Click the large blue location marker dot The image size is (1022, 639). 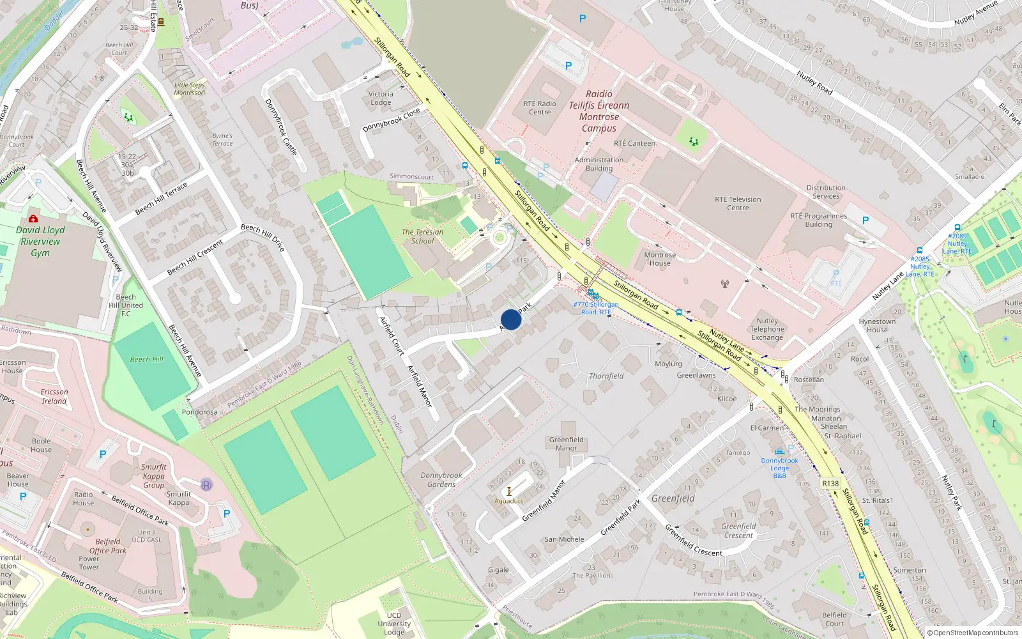click(511, 319)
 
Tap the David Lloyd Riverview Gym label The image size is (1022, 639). click(40, 241)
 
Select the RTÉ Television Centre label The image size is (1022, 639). click(738, 203)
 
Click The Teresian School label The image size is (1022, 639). click(422, 236)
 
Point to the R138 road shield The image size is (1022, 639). click(830, 484)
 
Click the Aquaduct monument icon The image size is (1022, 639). click(509, 491)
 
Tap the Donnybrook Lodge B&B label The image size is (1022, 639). click(779, 468)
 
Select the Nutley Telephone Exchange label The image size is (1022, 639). click(767, 329)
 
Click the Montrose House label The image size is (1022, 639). click(660, 259)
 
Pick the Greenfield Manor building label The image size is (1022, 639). click(566, 443)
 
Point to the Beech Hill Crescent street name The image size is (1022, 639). click(195, 257)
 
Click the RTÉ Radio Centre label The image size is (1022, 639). click(540, 107)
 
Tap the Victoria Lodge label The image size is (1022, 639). click(381, 98)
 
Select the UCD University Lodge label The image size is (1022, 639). click(394, 624)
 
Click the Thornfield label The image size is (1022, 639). click(606, 376)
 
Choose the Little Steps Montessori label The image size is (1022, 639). click(190, 89)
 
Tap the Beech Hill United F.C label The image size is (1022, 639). click(126, 305)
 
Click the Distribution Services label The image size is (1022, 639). click(826, 192)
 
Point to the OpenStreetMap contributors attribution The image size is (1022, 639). click(972, 633)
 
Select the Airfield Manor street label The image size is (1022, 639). click(420, 385)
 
